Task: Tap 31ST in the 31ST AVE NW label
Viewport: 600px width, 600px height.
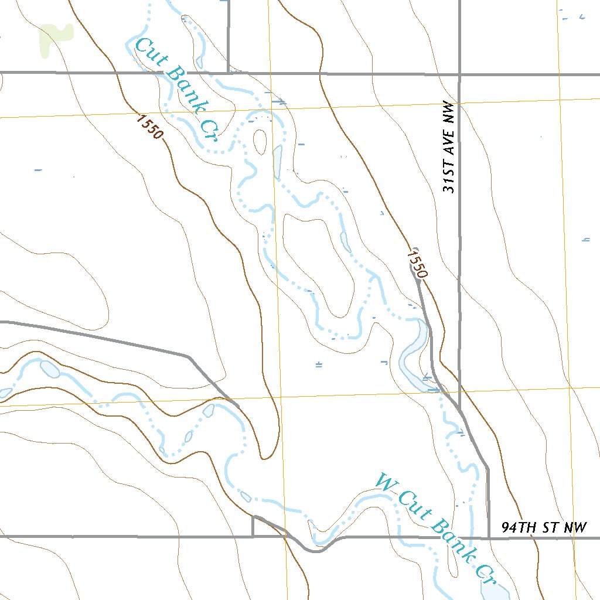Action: pyautogui.click(x=449, y=178)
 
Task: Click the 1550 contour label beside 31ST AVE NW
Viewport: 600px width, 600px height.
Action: pyautogui.click(x=417, y=262)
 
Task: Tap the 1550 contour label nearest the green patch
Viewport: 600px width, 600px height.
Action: pyautogui.click(x=149, y=126)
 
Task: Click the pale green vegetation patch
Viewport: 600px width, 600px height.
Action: pyautogui.click(x=54, y=40)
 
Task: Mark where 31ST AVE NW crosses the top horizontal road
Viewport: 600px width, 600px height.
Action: pyautogui.click(x=459, y=74)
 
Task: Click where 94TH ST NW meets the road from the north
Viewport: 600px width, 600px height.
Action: pyautogui.click(x=488, y=537)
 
